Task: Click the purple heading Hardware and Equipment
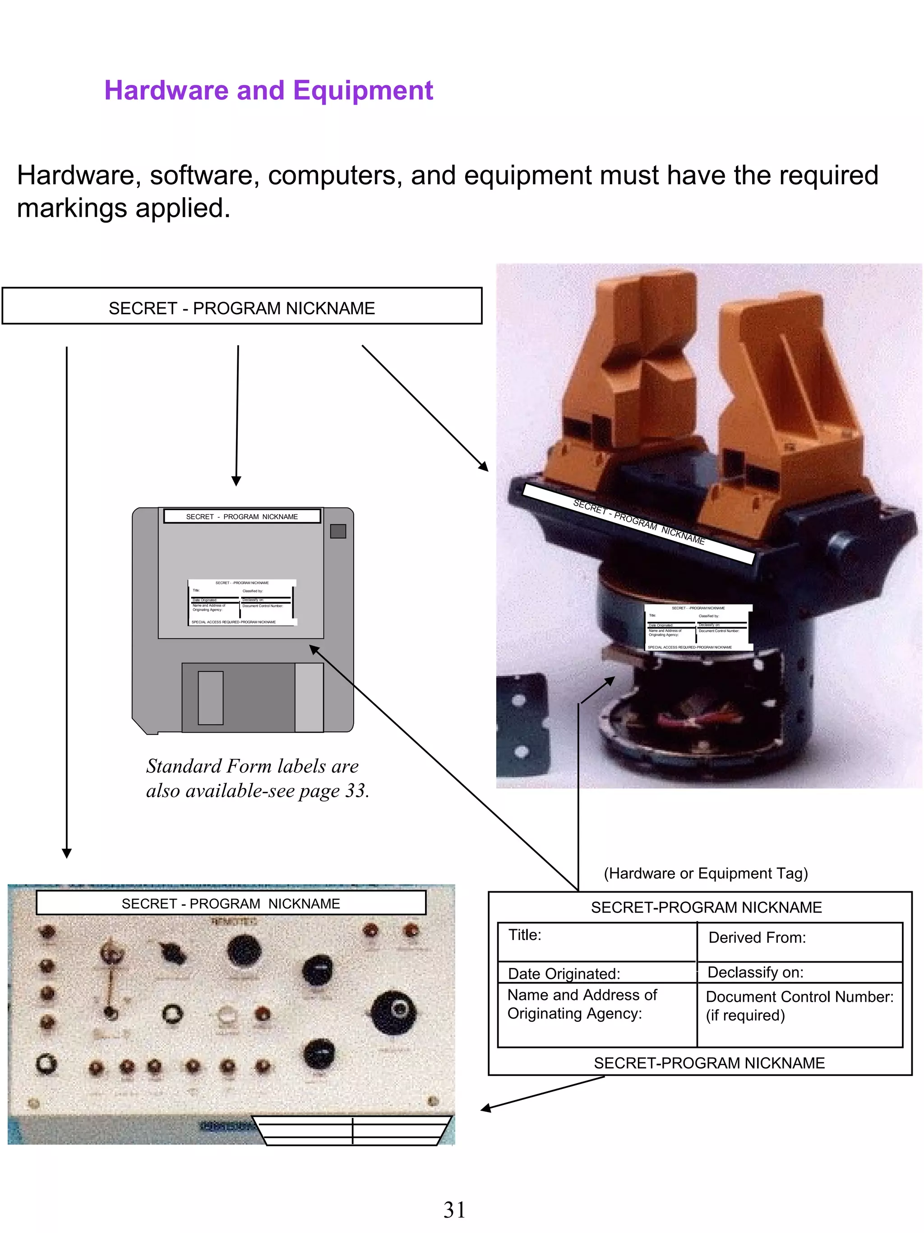pos(268,90)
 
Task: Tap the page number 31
pos(454,1210)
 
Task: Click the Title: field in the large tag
pos(525,935)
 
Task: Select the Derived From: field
pos(756,938)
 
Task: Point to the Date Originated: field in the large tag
pos(564,974)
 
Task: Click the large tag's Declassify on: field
pos(755,972)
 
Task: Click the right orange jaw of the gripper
pos(791,390)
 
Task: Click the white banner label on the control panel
pos(231,903)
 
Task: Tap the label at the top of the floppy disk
pos(242,516)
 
